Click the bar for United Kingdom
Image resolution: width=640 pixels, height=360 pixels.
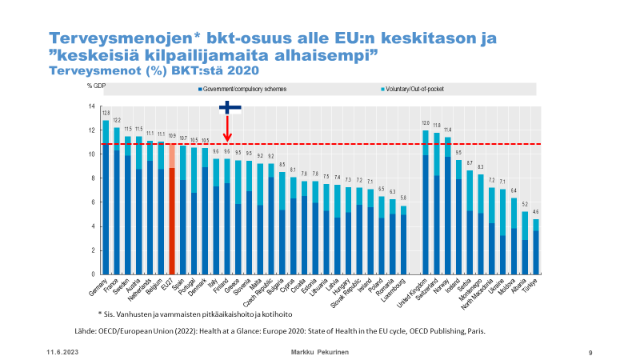pos(425,208)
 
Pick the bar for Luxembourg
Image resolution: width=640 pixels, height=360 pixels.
pos(403,240)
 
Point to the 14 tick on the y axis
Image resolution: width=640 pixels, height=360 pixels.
pos(92,106)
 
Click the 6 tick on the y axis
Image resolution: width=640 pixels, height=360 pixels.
pos(93,202)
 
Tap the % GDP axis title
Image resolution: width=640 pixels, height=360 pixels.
pos(98,84)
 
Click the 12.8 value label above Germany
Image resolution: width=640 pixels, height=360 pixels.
pos(106,114)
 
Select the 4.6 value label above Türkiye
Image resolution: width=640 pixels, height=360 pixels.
pos(535,212)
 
